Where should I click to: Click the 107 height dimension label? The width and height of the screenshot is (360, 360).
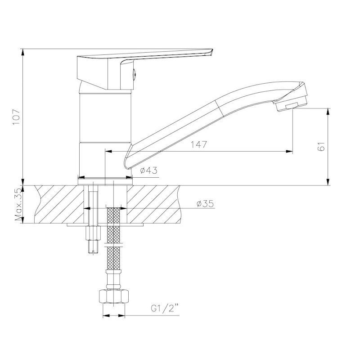point(17,117)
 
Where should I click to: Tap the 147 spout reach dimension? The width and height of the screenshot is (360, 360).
point(199,144)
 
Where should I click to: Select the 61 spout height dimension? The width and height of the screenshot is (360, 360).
point(322,146)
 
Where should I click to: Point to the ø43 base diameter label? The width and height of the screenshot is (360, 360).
point(149,171)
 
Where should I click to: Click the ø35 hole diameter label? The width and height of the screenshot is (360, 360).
point(205,204)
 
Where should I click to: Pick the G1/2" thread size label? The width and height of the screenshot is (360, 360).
point(165,309)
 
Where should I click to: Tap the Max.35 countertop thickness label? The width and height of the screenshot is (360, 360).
point(18,204)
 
